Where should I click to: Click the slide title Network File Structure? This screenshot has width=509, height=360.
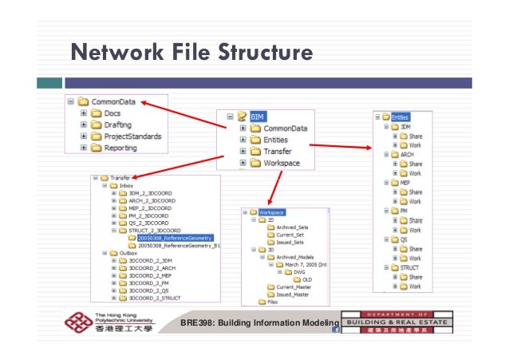click(191, 53)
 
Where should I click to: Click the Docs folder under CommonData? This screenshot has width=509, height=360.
click(101, 113)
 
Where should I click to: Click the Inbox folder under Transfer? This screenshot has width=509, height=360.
click(115, 185)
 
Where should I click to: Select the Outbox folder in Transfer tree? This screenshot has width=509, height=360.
click(116, 252)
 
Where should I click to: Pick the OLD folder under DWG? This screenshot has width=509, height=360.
click(306, 279)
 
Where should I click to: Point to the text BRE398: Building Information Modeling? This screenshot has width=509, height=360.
click(260, 322)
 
